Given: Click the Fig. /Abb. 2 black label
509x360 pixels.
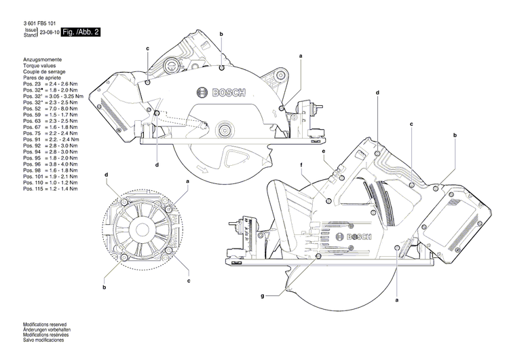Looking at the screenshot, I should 80,32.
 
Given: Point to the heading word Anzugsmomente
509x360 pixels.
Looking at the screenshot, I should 41,60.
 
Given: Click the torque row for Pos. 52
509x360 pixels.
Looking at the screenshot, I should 51,109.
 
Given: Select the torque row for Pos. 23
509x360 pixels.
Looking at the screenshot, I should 51,83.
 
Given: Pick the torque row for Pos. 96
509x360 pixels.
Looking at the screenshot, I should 51,164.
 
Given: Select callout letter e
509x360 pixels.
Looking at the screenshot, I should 324,151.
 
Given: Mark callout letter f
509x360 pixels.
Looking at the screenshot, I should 301,165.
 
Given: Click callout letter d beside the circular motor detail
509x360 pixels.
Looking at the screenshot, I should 107,175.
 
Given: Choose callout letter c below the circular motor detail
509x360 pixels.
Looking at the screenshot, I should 189,280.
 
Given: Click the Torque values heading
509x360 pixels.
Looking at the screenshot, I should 39,66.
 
